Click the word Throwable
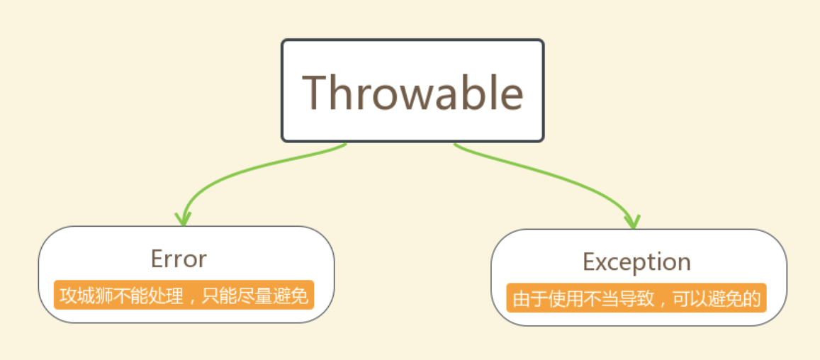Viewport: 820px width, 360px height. click(412, 93)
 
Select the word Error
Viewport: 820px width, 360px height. click(179, 259)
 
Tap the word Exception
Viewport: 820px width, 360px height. click(636, 262)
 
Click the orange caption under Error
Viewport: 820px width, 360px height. click(184, 296)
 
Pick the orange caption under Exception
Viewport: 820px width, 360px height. click(636, 298)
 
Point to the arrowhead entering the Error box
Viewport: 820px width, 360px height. click(183, 219)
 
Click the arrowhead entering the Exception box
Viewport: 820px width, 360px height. click(634, 221)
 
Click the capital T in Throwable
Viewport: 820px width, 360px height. click(316, 93)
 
